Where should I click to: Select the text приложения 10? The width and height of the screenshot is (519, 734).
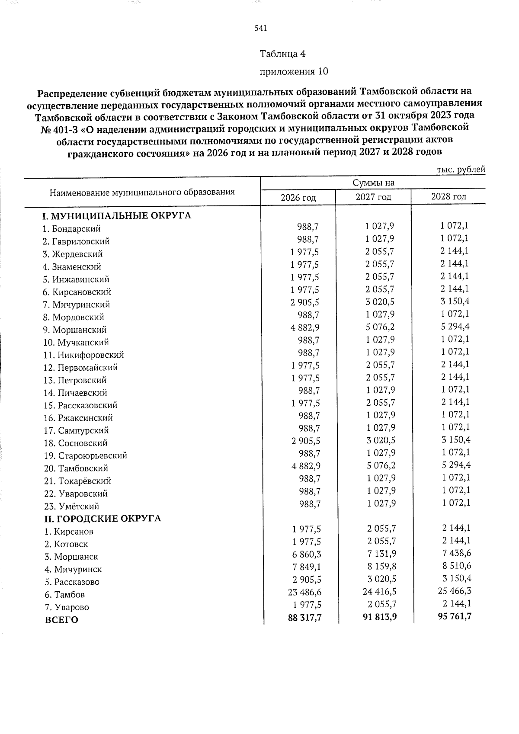(293, 71)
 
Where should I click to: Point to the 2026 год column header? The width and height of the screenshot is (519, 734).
(298, 198)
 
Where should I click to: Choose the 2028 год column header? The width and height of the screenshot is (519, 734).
(449, 197)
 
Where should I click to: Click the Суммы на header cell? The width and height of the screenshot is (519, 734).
(373, 183)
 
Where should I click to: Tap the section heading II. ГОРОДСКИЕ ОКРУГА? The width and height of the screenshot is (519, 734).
(103, 518)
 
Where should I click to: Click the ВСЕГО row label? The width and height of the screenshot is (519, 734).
(61, 620)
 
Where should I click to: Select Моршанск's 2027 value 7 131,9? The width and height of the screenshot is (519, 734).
(380, 554)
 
